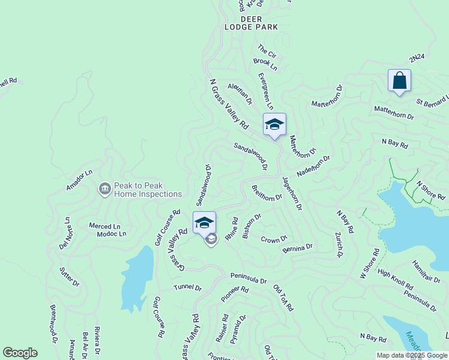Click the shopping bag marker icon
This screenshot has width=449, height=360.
click(399, 81)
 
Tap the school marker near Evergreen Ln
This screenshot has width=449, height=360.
click(274, 124)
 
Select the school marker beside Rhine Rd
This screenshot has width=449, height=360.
click(205, 223)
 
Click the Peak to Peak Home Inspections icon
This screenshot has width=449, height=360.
click(105, 190)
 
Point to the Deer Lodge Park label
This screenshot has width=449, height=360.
click(251, 23)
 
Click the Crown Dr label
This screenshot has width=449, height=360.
click(274, 239)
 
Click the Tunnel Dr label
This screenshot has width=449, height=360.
click(188, 287)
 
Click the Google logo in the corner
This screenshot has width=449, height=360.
click(20, 353)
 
